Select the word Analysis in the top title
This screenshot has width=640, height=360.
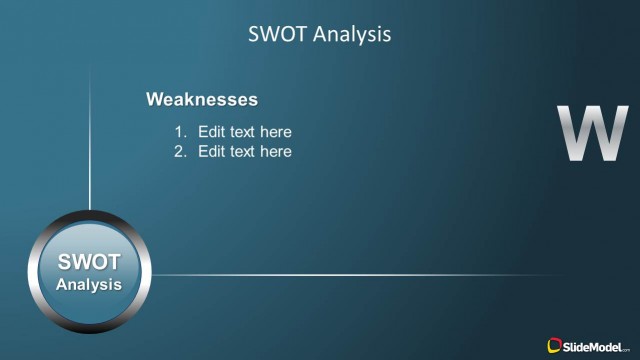(x=351, y=34)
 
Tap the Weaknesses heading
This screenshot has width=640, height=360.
(x=201, y=99)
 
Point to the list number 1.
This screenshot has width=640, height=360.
(x=180, y=132)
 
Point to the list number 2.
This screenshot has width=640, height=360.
(x=180, y=152)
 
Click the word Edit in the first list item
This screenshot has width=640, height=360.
(x=211, y=132)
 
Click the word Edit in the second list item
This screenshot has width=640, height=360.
(x=211, y=152)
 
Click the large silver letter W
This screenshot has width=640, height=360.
(x=591, y=133)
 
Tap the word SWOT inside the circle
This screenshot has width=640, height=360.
(x=89, y=263)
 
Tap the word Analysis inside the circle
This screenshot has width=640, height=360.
(x=89, y=285)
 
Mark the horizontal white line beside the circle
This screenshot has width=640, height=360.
(x=350, y=275)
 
